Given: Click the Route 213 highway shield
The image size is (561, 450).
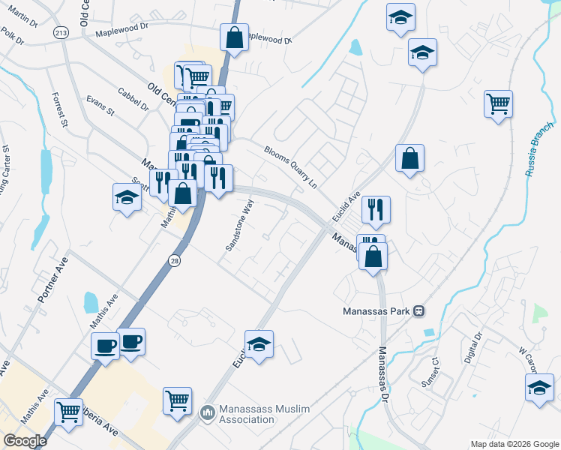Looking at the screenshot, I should tap(61, 32).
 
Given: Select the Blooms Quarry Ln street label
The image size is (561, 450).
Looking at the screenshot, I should tap(291, 166).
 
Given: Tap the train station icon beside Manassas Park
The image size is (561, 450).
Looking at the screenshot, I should tap(420, 310).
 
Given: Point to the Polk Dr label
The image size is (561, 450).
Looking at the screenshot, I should tap(13, 35).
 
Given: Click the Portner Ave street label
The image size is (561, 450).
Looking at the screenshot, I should tap(47, 281).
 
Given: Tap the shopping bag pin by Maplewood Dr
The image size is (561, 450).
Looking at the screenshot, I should tap(234, 37).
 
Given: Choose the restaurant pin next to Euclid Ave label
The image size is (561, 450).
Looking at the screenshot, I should tap(376, 209).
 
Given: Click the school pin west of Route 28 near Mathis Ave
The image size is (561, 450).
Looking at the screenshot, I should tap(127, 198).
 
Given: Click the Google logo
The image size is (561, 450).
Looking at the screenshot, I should tap(25, 441).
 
